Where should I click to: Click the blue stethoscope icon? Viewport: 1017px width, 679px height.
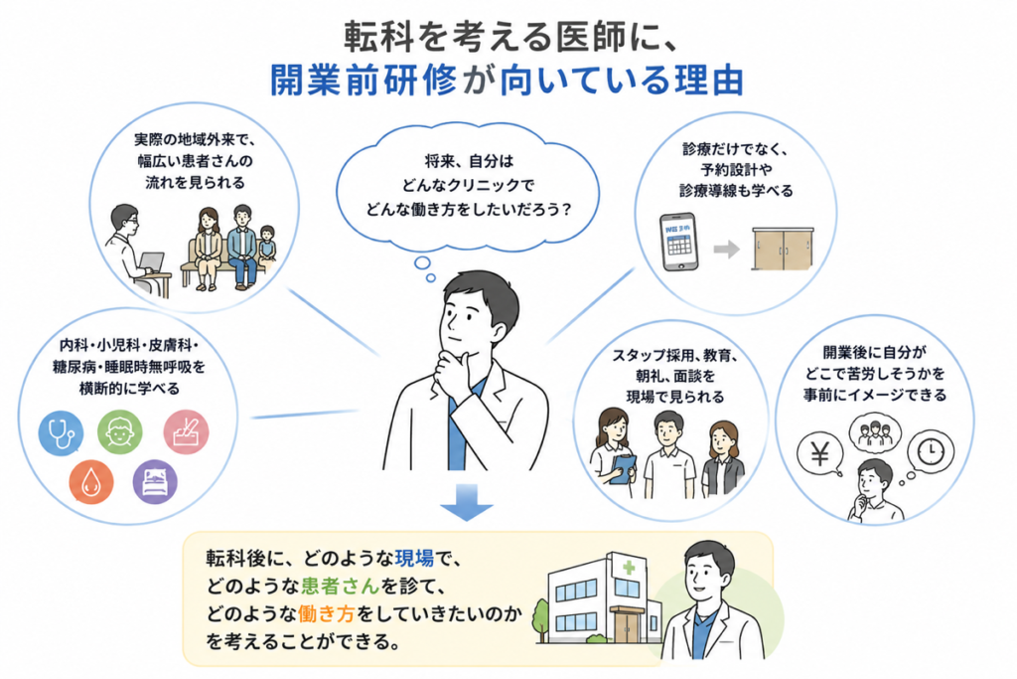click(61, 433)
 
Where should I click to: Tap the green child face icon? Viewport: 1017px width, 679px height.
click(120, 431)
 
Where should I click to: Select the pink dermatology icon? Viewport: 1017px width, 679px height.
click(186, 432)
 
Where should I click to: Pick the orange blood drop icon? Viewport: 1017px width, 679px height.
click(91, 482)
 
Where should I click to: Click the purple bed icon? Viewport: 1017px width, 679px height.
click(155, 481)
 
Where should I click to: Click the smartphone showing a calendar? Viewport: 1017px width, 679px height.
click(678, 242)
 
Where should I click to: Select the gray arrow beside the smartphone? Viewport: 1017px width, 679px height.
click(726, 249)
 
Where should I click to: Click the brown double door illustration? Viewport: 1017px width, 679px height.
click(783, 249)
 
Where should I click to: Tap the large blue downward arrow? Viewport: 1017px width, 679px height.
click(467, 502)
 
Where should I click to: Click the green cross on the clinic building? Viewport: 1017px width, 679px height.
click(629, 568)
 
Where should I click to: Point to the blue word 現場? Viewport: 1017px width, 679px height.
click(414, 558)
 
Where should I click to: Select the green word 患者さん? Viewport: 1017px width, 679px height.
click(340, 586)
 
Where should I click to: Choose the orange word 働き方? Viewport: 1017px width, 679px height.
click(326, 613)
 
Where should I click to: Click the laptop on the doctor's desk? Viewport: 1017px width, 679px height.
click(151, 262)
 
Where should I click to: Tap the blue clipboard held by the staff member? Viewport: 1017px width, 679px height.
click(624, 468)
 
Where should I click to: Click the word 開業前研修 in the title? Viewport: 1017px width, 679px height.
click(364, 81)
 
